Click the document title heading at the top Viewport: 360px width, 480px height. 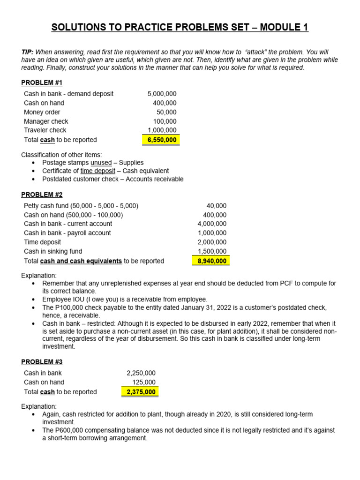tap(180, 28)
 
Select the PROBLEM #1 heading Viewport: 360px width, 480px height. tap(42, 83)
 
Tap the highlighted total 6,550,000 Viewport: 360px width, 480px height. tap(162, 140)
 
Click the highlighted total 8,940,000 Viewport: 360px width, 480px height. tap(212, 261)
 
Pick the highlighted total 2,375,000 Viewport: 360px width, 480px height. tap(141, 392)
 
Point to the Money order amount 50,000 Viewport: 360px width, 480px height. tap(166, 112)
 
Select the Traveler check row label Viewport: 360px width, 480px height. tap(45, 130)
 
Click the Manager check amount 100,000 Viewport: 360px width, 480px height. tap(165, 121)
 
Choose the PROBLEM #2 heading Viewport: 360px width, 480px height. tap(42, 195)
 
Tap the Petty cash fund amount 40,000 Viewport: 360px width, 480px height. tap(216, 206)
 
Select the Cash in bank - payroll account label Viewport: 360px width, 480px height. tap(67, 233)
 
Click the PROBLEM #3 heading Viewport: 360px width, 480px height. tap(42, 362)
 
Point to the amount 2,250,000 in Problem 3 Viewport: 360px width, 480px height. tap(141, 373)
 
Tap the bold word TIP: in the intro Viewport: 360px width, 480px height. tap(28, 52)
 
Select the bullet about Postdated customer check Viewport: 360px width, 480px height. tap(112, 179)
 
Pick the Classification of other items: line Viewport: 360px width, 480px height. tap(61, 155)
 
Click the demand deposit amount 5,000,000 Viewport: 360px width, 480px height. tap(162, 94)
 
